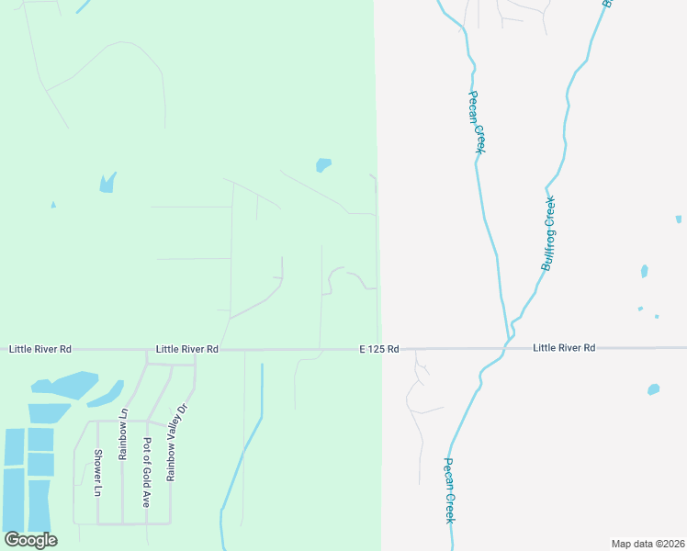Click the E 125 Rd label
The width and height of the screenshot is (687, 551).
[x=378, y=349]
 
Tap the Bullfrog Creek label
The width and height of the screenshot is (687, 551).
[x=549, y=233]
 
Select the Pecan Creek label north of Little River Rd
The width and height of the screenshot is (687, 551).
[x=476, y=121]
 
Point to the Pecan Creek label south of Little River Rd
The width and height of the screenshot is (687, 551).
[x=449, y=490]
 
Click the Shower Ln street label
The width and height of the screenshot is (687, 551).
[x=97, y=472]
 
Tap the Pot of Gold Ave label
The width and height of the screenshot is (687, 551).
[x=146, y=472]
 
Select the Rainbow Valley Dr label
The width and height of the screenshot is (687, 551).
[x=175, y=443]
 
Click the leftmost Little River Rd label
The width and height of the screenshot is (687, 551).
[x=40, y=349]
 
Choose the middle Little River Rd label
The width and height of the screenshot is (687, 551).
[x=186, y=349]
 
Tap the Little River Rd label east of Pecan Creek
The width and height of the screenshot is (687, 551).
[x=564, y=347]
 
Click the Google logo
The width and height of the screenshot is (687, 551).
[x=30, y=540]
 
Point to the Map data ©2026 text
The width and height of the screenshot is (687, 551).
[x=648, y=544]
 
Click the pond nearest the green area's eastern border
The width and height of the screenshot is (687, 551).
[x=322, y=165]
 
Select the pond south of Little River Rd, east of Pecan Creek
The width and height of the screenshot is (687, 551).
[x=653, y=389]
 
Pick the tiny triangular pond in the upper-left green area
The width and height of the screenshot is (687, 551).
[x=52, y=205]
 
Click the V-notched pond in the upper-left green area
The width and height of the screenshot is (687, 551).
[x=107, y=183]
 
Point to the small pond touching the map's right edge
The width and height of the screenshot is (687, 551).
[x=679, y=219]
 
